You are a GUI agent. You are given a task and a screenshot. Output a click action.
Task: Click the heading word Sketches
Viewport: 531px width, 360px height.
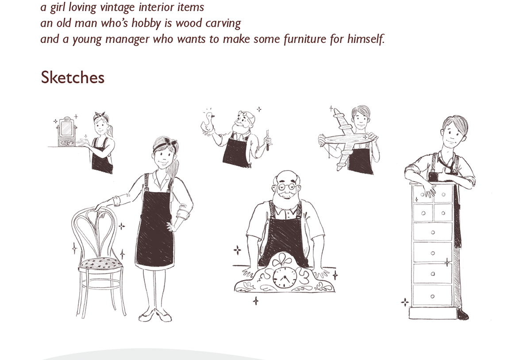pyautogui.click(x=73, y=77)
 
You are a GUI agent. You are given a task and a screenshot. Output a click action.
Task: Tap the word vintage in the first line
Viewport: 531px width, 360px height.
pyautogui.click(x=117, y=7)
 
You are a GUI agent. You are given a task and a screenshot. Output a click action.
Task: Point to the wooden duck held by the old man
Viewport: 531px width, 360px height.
pyautogui.click(x=208, y=123)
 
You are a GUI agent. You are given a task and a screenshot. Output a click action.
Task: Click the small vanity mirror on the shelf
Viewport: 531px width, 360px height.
pyautogui.click(x=66, y=132)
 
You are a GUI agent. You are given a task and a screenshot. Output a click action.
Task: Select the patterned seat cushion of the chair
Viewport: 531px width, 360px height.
pyautogui.click(x=100, y=263)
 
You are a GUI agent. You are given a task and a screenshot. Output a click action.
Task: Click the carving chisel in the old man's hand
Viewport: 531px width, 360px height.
pyautogui.click(x=268, y=140)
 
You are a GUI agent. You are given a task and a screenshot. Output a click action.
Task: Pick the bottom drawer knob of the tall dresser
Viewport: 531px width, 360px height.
pyautogui.click(x=432, y=296)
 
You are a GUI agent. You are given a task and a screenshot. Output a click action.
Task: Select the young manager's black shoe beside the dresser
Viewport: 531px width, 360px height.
pyautogui.click(x=463, y=314)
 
